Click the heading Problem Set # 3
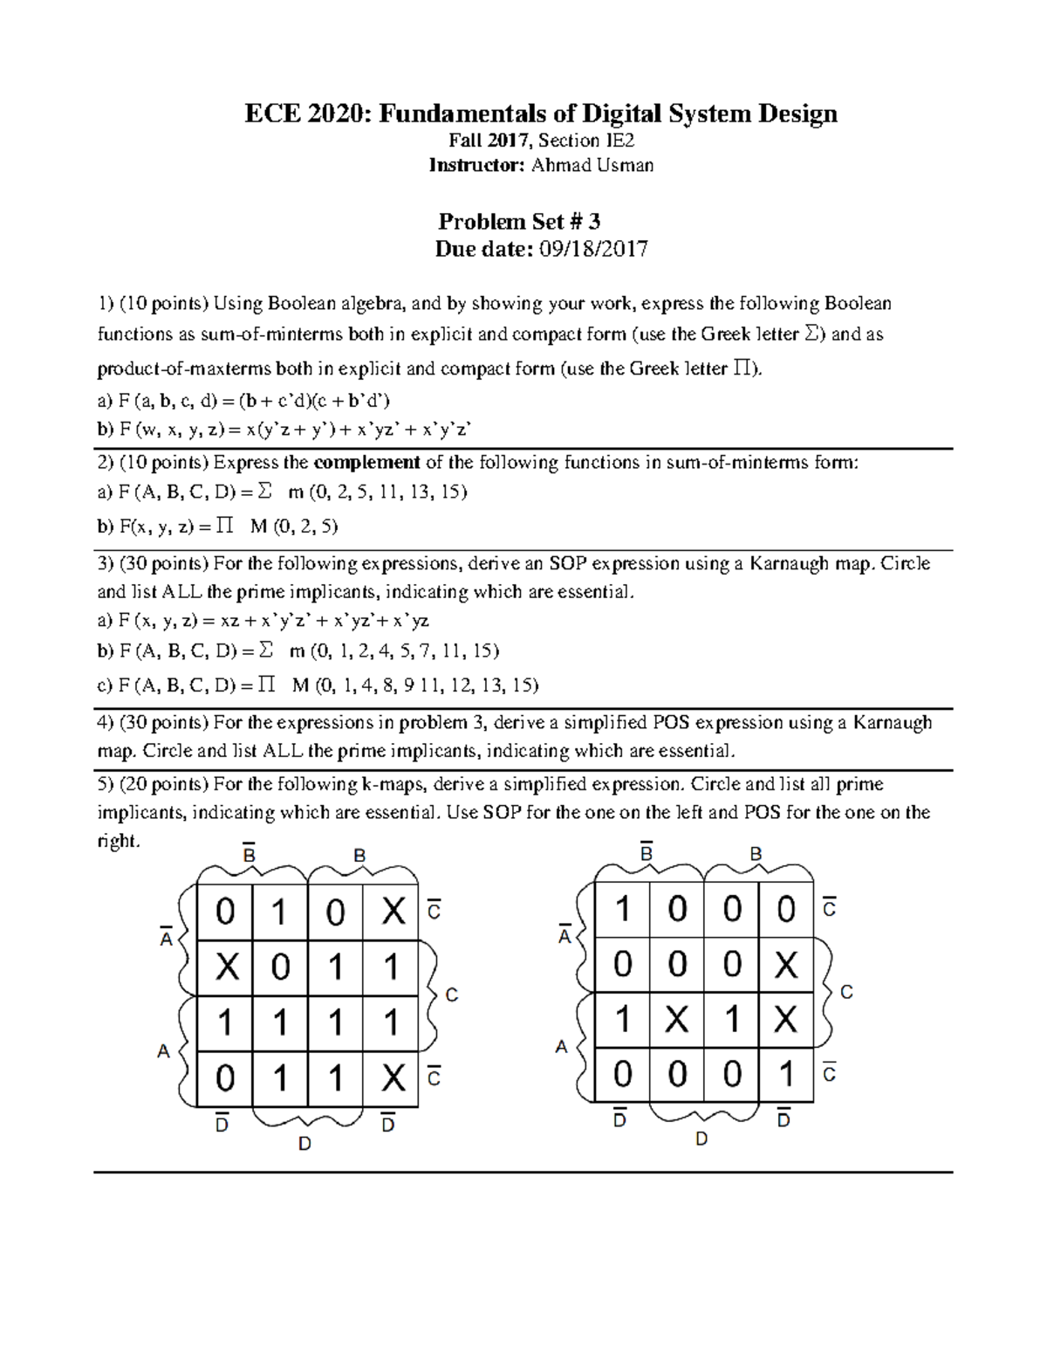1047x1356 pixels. click(519, 221)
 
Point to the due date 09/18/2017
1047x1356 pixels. click(593, 250)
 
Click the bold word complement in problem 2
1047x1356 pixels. click(366, 463)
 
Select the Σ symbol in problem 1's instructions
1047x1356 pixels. click(811, 334)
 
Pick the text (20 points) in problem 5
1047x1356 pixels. click(161, 784)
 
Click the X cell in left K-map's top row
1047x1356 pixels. click(393, 912)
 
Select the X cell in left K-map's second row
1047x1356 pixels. click(226, 967)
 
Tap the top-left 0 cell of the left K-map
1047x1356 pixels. click(226, 912)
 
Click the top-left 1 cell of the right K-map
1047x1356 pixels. click(622, 910)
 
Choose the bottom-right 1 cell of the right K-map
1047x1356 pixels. click(786, 1074)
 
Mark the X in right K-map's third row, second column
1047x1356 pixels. click(677, 1020)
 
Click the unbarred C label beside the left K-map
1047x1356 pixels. click(452, 995)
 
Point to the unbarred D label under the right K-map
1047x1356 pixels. click(701, 1139)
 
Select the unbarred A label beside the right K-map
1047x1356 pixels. click(562, 1046)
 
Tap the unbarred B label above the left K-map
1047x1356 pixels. click(359, 857)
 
